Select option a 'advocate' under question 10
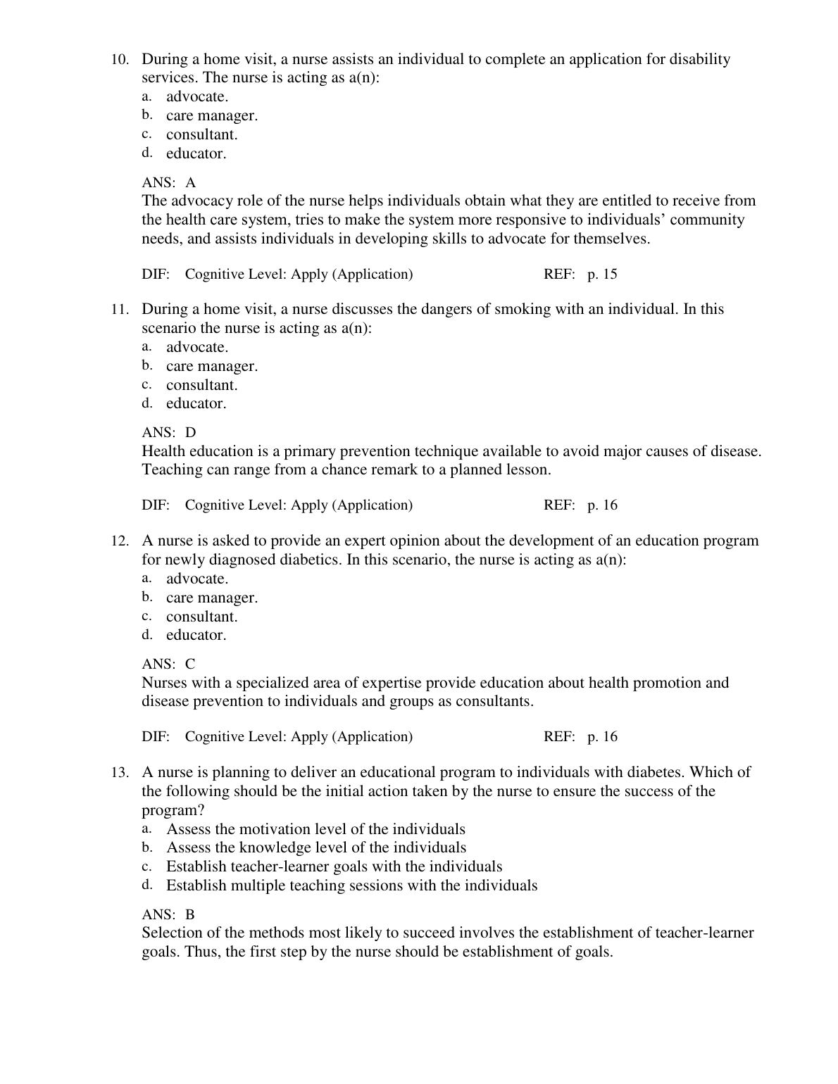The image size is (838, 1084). (x=196, y=96)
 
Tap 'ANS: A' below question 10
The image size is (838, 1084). (x=169, y=182)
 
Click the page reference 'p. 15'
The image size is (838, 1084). (x=602, y=274)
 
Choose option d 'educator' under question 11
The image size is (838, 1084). (x=196, y=403)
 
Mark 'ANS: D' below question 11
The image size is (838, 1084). (x=169, y=432)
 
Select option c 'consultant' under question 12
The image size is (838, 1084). (x=201, y=617)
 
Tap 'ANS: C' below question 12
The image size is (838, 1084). (x=169, y=664)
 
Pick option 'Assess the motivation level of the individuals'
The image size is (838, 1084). (x=315, y=829)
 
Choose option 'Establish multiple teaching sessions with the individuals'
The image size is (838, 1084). (x=351, y=886)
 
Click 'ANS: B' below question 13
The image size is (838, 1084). (x=169, y=914)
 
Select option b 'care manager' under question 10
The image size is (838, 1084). (x=211, y=115)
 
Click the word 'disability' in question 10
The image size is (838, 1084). (x=697, y=59)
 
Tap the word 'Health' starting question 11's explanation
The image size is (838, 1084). (x=163, y=451)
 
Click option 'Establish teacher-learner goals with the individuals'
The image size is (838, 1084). (x=334, y=866)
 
